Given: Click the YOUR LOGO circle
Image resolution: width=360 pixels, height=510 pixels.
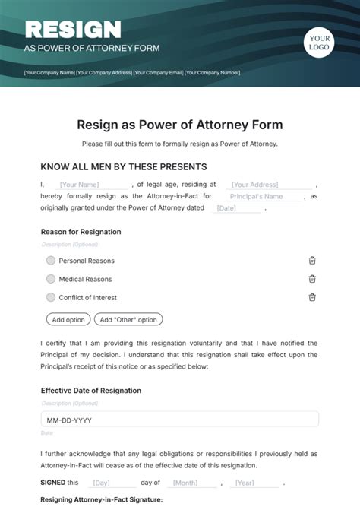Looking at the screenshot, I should [320, 43].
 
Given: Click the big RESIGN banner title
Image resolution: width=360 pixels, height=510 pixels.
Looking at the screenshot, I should [73, 30].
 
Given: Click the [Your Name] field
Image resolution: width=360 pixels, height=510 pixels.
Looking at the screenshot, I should [80, 184].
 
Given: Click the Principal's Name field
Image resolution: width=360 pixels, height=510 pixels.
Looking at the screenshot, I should [257, 196].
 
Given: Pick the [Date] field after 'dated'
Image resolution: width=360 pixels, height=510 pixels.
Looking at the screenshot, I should [226, 208].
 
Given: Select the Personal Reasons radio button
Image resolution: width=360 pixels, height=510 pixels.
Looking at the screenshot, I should [51, 260].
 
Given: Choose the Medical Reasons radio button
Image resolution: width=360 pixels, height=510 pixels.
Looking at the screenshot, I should [51, 279].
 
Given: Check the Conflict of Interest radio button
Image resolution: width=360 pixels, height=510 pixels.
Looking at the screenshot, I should [51, 298].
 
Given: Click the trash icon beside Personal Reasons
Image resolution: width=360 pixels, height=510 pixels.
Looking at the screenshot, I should [312, 260].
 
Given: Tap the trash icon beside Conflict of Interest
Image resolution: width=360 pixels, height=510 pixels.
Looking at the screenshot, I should [312, 298].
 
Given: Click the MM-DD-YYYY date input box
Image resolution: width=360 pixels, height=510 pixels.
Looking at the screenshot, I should [179, 419].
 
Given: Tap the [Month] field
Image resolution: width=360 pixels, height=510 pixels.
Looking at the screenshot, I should [185, 483].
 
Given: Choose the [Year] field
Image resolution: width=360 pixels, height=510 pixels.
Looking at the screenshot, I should [245, 483].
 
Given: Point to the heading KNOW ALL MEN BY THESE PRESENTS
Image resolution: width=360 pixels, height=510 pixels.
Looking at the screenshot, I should [123, 167].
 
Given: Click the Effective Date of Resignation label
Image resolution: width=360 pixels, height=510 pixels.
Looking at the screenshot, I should [90, 391].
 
